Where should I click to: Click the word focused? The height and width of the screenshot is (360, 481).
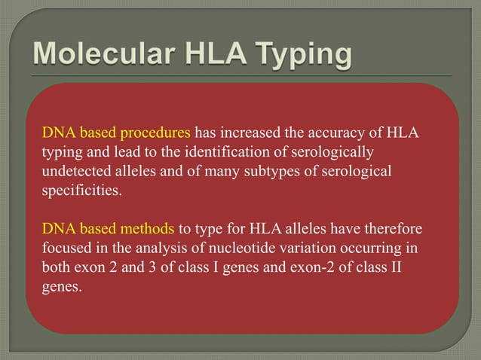65,246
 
